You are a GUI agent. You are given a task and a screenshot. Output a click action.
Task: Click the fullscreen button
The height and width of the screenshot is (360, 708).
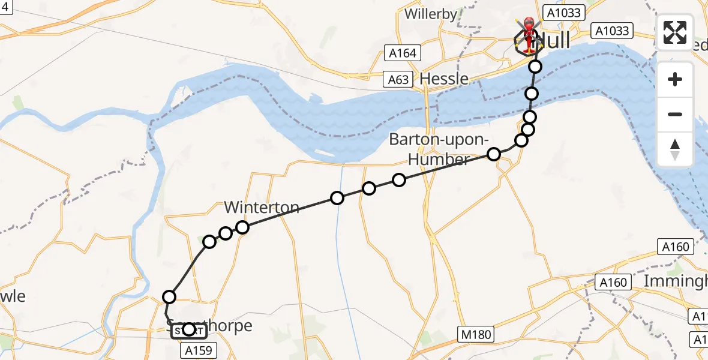tap(675, 32)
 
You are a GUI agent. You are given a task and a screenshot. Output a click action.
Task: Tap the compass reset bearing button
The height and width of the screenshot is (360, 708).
tap(675, 149)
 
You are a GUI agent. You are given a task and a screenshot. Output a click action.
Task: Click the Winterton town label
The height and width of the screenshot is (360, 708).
tap(262, 208)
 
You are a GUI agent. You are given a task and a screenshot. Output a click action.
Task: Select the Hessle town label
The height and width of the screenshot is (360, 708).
tap(444, 79)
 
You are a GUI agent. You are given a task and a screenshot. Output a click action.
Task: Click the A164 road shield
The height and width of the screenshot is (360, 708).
tap(402, 53)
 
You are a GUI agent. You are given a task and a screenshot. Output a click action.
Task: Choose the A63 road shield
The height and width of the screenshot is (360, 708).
tap(398, 80)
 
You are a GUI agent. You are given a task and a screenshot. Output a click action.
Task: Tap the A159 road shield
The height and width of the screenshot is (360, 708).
tap(198, 350)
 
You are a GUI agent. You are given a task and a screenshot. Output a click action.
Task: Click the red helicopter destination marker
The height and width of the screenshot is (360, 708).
tap(529, 35)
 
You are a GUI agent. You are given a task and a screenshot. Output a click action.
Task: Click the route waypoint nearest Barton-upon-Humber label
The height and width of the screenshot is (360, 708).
tap(494, 154)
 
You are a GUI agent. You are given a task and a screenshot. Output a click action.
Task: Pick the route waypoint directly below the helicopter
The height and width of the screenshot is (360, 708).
tap(535, 67)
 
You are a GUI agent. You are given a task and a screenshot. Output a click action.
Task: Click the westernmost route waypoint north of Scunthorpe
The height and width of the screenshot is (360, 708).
tap(169, 296)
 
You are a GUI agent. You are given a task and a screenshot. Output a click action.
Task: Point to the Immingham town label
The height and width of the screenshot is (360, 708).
tap(675, 281)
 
